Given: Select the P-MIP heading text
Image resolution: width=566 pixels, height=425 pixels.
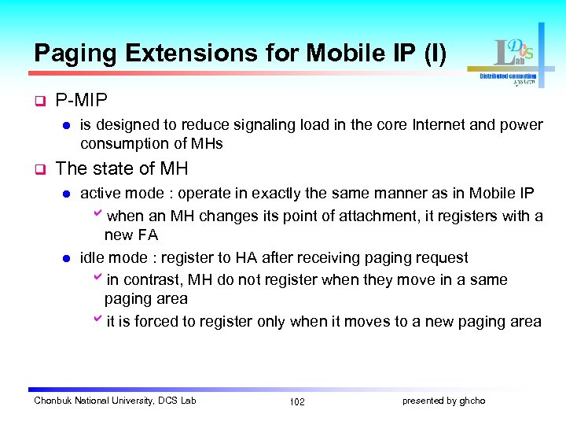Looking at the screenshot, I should tap(82, 101).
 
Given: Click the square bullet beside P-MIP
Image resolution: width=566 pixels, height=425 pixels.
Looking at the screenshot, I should tap(39, 102).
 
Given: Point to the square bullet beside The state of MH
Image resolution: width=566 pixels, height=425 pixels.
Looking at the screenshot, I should tap(39, 168).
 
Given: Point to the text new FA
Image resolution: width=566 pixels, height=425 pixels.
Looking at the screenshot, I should tap(131, 235).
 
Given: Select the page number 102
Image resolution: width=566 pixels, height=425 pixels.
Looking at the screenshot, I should tap(297, 402).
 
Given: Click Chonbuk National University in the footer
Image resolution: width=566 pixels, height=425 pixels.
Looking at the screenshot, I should tap(93, 401).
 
